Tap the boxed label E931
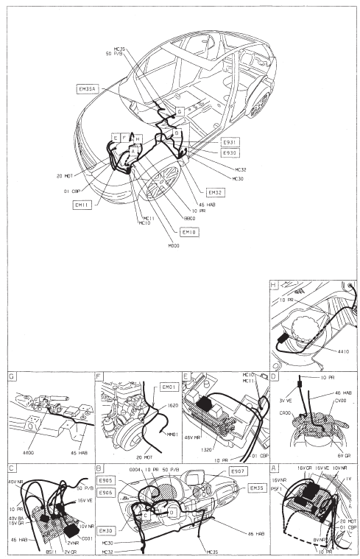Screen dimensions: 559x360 click(230, 141)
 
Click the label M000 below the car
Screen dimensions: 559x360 click(173, 245)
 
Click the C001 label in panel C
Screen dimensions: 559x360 click(86, 518)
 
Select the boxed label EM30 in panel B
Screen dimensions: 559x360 click(106, 530)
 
